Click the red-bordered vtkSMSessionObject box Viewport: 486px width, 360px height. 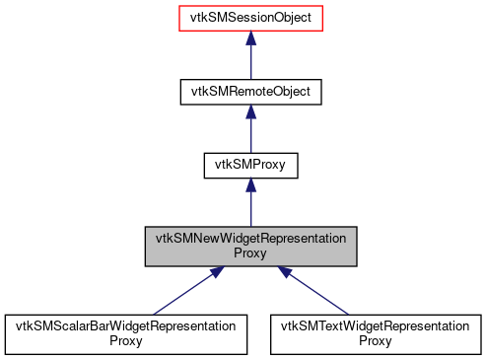(250, 18)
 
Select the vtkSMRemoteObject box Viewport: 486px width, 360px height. (250, 92)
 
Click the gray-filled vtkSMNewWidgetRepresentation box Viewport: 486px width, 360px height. (250, 246)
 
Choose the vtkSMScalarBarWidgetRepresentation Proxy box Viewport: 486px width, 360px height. (123, 333)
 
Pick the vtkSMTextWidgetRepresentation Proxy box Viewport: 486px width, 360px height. (377, 333)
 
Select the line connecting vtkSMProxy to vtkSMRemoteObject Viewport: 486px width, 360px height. (250, 135)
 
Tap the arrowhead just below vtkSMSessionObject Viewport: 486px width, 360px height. (250, 37)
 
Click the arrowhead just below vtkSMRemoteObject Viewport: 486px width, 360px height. (250, 111)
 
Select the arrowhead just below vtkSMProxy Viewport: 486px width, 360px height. (250, 185)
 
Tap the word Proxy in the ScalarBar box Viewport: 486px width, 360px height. (123, 340)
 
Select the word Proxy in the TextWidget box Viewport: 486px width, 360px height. (377, 340)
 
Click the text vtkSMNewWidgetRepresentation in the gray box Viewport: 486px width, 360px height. (250, 239)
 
